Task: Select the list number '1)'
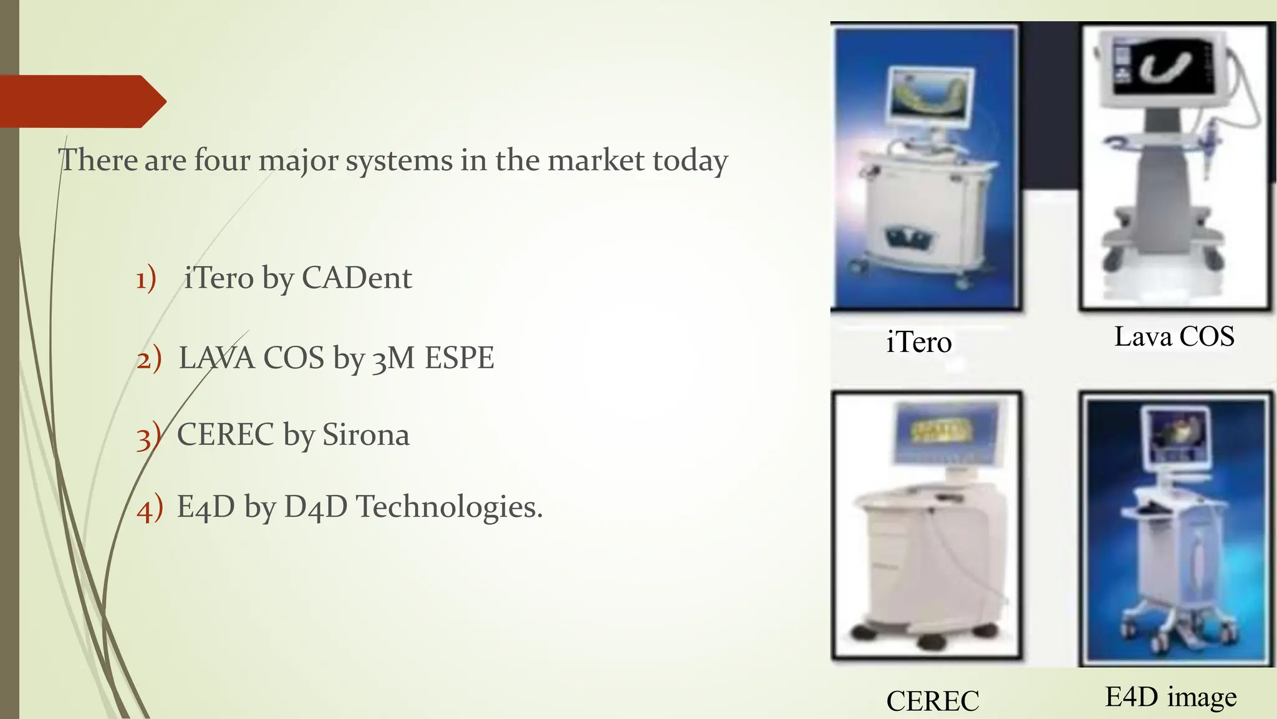pyautogui.click(x=147, y=278)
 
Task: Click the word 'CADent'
pyautogui.click(x=357, y=278)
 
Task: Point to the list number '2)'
pyautogui.click(x=149, y=359)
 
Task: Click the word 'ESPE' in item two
pyautogui.click(x=459, y=358)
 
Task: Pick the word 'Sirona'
pyautogui.click(x=365, y=434)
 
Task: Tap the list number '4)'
pyautogui.click(x=150, y=507)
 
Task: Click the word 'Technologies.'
pyautogui.click(x=449, y=506)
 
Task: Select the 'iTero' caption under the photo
pyautogui.click(x=919, y=342)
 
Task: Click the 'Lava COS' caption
pyautogui.click(x=1174, y=336)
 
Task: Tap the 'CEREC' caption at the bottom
pyautogui.click(x=932, y=701)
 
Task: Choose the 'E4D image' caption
pyautogui.click(x=1171, y=697)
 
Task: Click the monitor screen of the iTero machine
pyautogui.click(x=932, y=97)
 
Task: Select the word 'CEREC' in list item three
pyautogui.click(x=225, y=434)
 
